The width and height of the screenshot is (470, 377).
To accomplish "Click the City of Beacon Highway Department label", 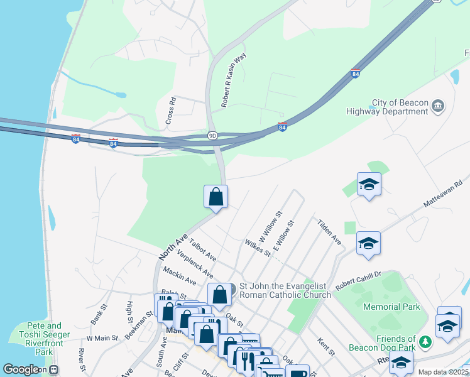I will point(391,107).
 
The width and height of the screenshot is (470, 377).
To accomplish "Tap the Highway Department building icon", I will point(439,105).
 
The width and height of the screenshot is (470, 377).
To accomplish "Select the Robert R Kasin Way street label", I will point(233,79).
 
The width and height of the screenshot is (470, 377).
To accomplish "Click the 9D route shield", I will point(212,135).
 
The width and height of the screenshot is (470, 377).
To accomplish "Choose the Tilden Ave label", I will point(329,232).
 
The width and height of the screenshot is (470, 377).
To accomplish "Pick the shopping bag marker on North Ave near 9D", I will point(216,196).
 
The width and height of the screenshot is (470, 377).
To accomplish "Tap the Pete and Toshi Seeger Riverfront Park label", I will point(44,339).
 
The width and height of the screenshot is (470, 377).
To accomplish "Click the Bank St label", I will point(99,314).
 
